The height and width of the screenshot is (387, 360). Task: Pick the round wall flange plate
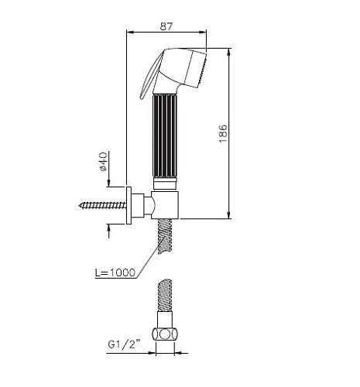coord(129,206)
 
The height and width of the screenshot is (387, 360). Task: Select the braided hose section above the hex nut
coord(166,298)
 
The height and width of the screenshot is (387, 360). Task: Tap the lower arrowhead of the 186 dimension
coord(230,217)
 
